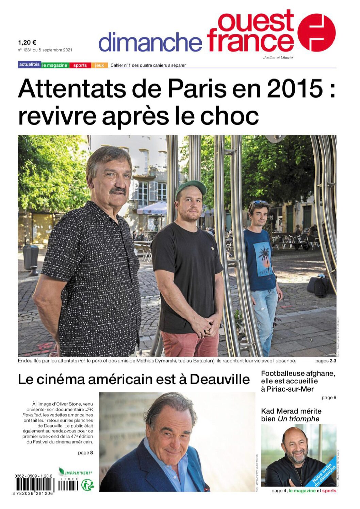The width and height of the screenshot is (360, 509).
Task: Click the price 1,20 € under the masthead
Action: coord(27,43)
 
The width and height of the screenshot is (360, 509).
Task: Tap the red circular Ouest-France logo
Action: coord(316,33)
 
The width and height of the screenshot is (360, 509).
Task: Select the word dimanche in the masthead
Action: coord(150,42)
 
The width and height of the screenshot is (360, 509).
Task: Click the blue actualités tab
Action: coord(29,65)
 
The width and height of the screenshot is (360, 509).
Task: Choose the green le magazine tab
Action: coord(55,65)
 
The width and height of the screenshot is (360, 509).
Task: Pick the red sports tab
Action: coord(80,65)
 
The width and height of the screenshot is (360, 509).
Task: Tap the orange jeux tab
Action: coord(99,65)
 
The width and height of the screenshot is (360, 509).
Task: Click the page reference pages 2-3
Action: coord(326,361)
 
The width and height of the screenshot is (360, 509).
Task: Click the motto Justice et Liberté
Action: coord(278,58)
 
